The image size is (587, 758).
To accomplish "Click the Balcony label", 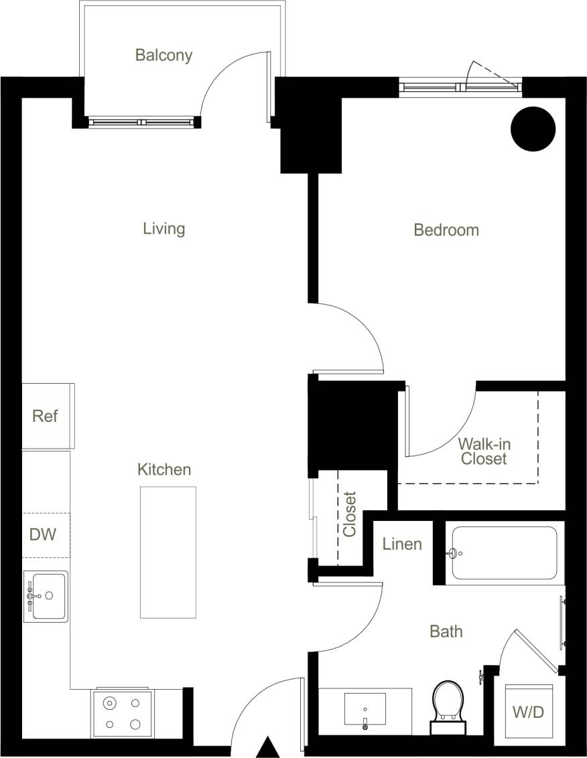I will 164,55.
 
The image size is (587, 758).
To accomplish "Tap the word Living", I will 164,228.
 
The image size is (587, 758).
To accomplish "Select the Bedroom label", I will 446,230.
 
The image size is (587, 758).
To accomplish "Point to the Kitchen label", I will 164,469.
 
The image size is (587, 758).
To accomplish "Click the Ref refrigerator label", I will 45,416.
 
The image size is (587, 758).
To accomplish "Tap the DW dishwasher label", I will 42,534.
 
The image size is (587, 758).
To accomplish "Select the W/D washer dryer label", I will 528,712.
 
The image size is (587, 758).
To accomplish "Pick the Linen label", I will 402,544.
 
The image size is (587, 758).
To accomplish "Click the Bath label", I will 446,631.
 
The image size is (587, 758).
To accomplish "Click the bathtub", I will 504,553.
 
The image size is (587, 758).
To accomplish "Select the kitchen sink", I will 46,596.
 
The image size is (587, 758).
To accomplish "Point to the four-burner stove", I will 121,713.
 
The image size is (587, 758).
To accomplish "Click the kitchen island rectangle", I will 168,552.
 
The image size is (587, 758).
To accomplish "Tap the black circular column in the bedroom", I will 533,129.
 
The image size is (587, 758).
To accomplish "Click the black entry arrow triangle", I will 267,747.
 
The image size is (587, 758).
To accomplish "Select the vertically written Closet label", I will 349,514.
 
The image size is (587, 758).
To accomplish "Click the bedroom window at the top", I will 460,86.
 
